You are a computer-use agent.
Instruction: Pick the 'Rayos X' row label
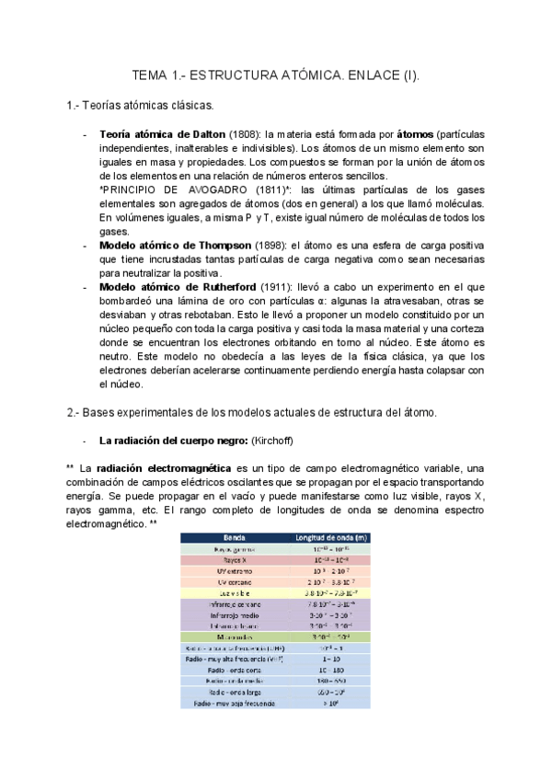[x=236, y=559]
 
